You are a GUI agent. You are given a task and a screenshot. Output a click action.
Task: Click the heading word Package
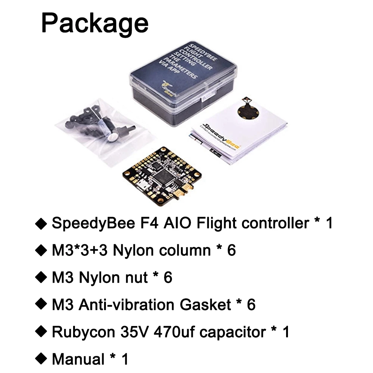(95, 23)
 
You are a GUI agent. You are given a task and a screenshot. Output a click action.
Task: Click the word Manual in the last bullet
(78, 359)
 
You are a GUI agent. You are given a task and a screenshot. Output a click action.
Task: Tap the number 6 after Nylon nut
(168, 278)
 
